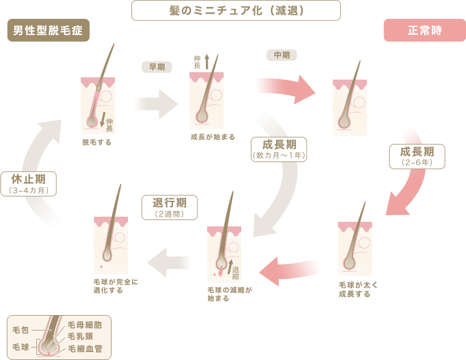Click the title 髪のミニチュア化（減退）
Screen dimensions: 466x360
tap(236, 11)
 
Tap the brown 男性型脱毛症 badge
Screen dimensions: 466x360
tap(48, 30)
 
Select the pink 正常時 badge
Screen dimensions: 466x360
tap(424, 30)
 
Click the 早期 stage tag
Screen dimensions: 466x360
tap(157, 67)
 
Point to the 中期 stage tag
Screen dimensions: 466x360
tap(282, 55)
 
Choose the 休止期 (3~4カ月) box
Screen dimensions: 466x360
tap(28, 184)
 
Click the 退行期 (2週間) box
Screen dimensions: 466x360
tap(170, 208)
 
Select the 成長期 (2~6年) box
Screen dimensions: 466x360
tap(417, 156)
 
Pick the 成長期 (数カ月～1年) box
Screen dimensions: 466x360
tap(279, 150)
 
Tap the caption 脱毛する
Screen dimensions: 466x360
tap(97, 143)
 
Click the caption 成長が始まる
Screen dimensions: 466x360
tap(213, 137)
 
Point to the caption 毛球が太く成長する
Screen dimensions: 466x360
tap(358, 289)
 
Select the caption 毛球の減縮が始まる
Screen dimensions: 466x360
tap(230, 294)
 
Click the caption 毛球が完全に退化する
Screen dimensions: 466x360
tap(116, 286)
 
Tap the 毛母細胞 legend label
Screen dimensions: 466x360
tap(85, 325)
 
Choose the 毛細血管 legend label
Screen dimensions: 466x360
tap(85, 349)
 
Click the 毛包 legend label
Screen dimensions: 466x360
tap(20, 330)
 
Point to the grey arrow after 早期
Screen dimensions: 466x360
tap(155, 104)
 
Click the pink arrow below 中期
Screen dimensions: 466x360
tap(285, 89)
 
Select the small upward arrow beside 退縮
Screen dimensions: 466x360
tap(230, 267)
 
